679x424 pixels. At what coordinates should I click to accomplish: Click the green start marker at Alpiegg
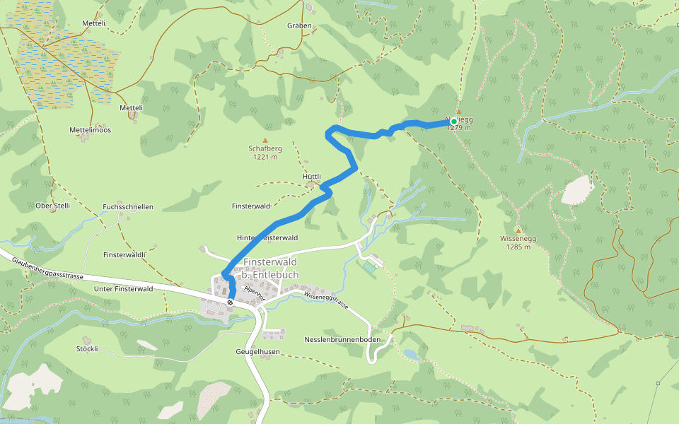coord(453,122)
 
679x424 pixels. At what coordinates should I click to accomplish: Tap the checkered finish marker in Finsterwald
coord(231,302)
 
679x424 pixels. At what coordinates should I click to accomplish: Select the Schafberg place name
coord(265,149)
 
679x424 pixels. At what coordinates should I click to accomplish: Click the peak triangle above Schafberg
coord(265,140)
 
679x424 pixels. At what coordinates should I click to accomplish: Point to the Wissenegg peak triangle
coord(518,230)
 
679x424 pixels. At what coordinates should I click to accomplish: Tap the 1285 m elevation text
coord(518,247)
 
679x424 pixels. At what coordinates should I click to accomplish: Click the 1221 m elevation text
coord(265,158)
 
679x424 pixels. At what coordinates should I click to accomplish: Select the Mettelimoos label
coord(90,130)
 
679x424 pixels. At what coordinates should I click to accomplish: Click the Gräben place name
coord(299,25)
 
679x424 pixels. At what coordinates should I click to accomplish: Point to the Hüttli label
coord(312,177)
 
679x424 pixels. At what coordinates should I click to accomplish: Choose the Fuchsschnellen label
coord(128,207)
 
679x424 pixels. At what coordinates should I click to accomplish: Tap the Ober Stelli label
coord(53,206)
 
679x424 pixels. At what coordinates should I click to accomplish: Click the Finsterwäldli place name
coord(124,254)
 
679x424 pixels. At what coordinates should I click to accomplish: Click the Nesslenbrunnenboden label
coord(342,340)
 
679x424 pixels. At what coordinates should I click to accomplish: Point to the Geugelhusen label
coord(257,351)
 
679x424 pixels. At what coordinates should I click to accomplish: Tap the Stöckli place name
coord(86,349)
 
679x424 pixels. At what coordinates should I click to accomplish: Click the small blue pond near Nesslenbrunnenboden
coord(411,354)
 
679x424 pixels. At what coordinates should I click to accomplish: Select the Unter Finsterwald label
coord(123,289)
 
